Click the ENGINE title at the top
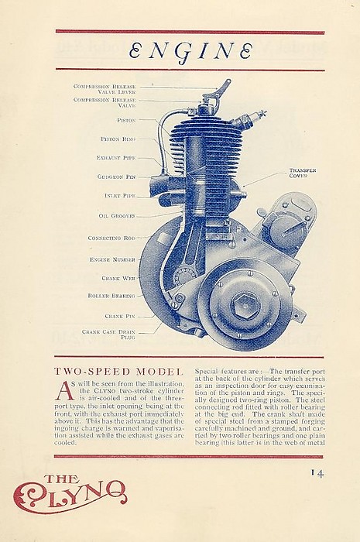[190, 51]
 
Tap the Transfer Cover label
[303, 173]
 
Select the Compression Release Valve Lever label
[105, 89]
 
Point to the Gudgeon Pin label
[116, 177]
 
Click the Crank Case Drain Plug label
[108, 334]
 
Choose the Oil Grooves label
[117, 216]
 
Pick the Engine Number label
[112, 259]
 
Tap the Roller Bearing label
[111, 296]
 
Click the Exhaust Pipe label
[115, 158]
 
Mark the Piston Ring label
[118, 139]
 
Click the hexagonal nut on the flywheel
[245, 305]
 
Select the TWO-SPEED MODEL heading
[118, 372]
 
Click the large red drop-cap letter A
[66, 391]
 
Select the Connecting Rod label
[111, 238]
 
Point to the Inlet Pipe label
[120, 196]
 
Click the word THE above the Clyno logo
[62, 479]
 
